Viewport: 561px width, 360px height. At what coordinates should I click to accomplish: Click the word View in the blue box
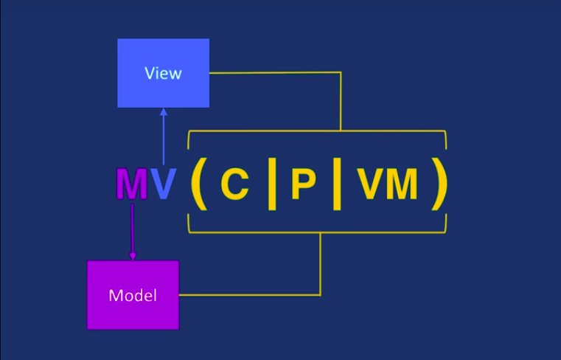coord(163,73)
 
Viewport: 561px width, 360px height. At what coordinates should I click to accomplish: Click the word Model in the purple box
coord(133,296)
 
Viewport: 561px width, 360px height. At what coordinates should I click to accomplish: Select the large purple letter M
coord(132,184)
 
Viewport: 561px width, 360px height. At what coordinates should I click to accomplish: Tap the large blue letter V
coord(164,184)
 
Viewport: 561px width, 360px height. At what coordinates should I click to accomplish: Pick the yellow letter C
coord(234,184)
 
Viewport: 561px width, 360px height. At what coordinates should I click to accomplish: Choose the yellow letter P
coord(303,184)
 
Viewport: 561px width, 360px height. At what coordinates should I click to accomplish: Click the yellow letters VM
coord(388,184)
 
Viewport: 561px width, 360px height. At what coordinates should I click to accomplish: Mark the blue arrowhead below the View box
coord(164,112)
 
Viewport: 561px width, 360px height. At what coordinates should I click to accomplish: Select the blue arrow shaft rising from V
coord(164,140)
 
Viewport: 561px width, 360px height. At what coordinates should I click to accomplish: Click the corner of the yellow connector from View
coord(340,72)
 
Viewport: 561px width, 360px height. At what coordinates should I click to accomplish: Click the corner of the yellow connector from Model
coord(320,295)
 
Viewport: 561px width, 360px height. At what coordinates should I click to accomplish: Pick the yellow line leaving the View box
coord(273,72)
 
